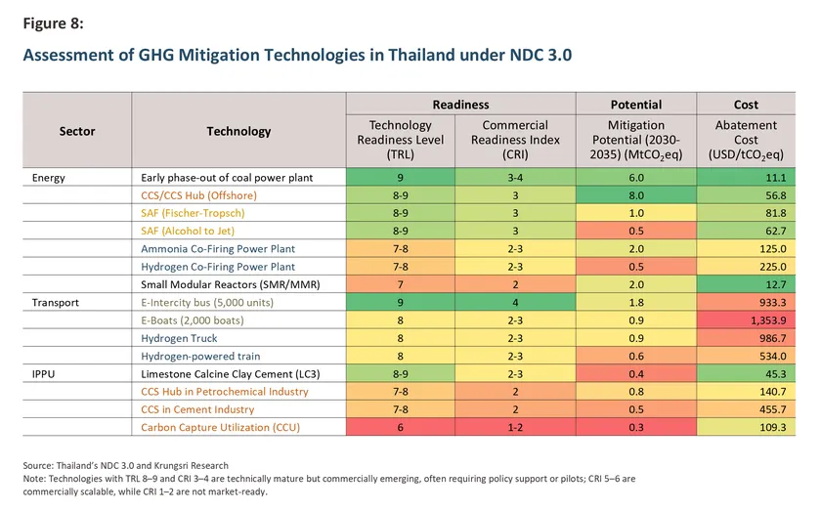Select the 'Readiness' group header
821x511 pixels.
[x=460, y=105]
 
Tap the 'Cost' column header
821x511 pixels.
[x=746, y=105]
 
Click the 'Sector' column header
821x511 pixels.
[x=77, y=131]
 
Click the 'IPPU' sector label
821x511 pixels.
[x=46, y=374]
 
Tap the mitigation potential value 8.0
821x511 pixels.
[x=636, y=194]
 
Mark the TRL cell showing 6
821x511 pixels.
[x=401, y=428]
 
